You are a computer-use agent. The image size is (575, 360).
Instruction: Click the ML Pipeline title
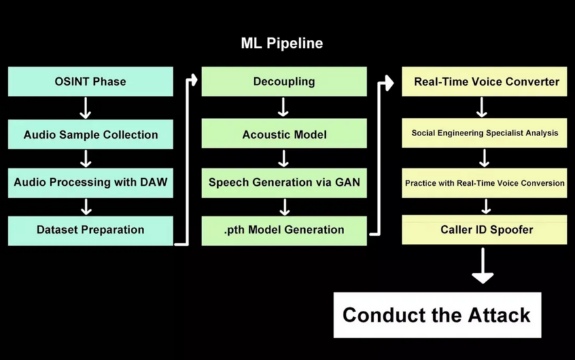tap(282, 44)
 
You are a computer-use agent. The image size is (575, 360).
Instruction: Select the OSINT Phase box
tap(90, 82)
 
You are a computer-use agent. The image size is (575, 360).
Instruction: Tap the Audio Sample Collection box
tap(90, 135)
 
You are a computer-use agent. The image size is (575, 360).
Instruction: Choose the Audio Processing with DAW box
tap(90, 183)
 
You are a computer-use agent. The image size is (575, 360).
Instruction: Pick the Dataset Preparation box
tap(90, 230)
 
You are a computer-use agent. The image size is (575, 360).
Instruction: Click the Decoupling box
tap(284, 82)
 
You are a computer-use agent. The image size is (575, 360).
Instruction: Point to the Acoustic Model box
tap(284, 135)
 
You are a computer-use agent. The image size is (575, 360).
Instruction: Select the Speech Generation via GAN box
tap(284, 183)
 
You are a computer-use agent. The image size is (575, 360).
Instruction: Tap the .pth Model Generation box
tap(284, 230)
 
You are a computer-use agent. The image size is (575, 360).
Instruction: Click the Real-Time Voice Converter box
tap(484, 82)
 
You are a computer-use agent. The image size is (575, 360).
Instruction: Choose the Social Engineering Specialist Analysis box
tap(484, 134)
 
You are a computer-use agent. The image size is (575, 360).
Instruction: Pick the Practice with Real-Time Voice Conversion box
tap(484, 183)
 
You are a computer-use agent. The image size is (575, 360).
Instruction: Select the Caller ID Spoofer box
tap(484, 230)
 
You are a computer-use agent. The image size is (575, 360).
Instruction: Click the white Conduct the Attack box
tap(437, 315)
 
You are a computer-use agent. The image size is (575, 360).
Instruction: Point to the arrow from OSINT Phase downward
tap(85, 108)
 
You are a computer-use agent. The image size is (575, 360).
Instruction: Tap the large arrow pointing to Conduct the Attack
tap(483, 266)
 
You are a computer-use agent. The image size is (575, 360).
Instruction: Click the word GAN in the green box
tap(347, 183)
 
